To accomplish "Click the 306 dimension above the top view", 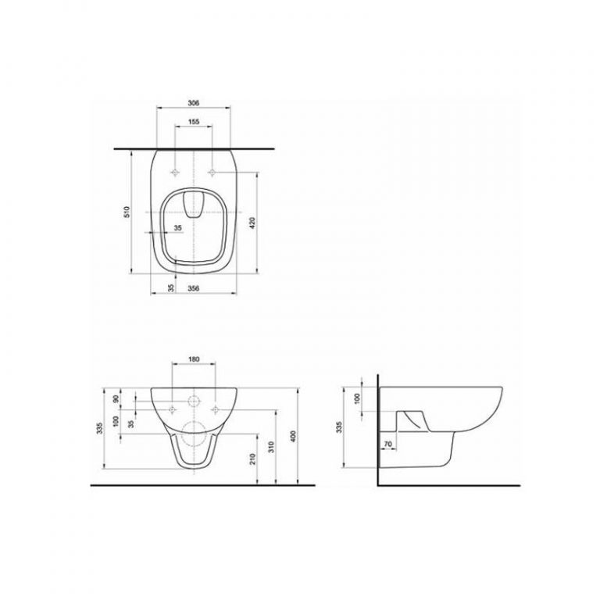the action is (194, 103).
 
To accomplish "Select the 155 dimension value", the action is (194, 122).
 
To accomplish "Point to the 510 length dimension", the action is (127, 212).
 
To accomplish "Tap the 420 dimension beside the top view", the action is (252, 223).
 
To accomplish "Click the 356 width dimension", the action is (194, 288).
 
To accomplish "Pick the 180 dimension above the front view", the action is (194, 359).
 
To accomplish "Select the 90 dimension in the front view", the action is (116, 398).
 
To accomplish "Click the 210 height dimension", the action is (252, 459).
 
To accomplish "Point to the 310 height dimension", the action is (271, 447).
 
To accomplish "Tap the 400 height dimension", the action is (293, 436).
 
